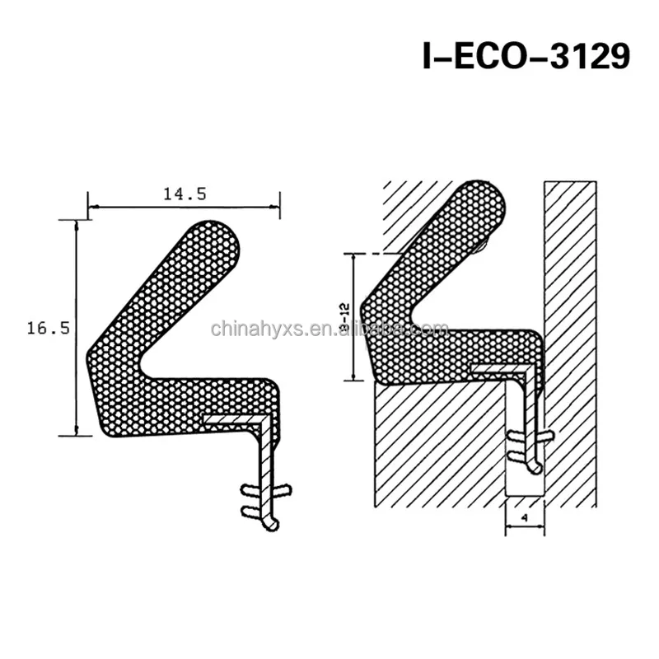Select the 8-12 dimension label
tap(345, 318)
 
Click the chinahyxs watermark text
tap(329, 329)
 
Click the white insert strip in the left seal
tap(239, 421)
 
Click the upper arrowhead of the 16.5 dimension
tap(77, 225)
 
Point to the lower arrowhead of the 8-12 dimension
tap(353, 376)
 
